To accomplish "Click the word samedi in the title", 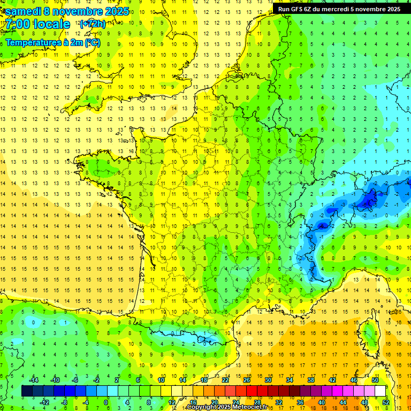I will pyautogui.click(x=23, y=11).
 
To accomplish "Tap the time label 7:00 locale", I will pyautogui.click(x=37, y=24).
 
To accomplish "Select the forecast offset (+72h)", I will pyautogui.click(x=93, y=24).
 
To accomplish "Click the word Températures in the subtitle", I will pyautogui.click(x=32, y=42).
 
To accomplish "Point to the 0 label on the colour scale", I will pyautogui.click(x=106, y=402).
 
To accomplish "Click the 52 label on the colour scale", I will pyautogui.click(x=385, y=402).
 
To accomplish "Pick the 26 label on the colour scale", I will pyautogui.click(x=247, y=380).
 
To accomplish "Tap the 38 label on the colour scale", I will pyautogui.click(x=311, y=380).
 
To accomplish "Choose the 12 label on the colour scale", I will pyautogui.click(x=171, y=402).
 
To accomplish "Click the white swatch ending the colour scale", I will pyautogui.click(x=380, y=391).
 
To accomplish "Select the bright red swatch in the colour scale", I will pyautogui.click(x=252, y=391).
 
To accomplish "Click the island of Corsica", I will pyautogui.click(x=370, y=334).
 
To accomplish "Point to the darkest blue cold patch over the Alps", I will pyautogui.click(x=368, y=201).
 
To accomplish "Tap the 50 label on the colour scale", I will pyautogui.click(x=375, y=380).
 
